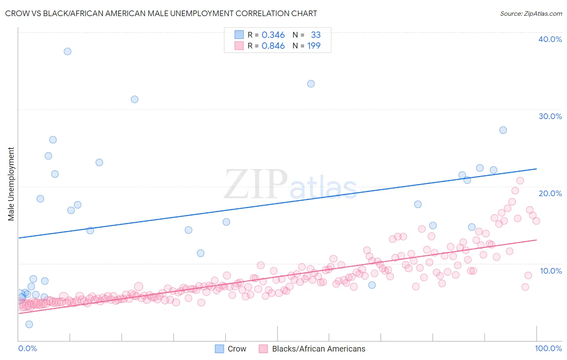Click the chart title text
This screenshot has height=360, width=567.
point(161,13)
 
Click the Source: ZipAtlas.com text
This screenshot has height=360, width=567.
point(531,13)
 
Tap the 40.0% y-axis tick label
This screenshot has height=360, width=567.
point(550,39)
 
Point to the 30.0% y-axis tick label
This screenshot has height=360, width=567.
point(550,116)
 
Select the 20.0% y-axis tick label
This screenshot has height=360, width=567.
point(550,193)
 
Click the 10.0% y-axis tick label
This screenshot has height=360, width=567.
point(550,271)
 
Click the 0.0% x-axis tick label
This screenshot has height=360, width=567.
point(27,348)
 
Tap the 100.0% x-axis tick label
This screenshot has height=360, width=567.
point(548,348)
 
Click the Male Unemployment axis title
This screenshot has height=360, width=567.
point(11,184)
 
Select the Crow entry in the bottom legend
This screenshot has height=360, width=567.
point(237,349)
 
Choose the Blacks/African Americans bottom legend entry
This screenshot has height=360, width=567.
point(318,349)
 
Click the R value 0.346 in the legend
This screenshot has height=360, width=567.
point(273,35)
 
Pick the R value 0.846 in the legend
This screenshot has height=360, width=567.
point(273,46)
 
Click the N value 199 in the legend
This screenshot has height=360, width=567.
point(314,46)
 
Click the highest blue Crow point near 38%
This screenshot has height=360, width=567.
point(67,51)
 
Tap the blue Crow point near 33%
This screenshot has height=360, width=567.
point(311,84)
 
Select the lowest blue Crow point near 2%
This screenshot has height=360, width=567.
point(29,324)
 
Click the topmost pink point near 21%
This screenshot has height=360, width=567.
point(520,180)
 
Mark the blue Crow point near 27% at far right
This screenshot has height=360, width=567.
point(503,130)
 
